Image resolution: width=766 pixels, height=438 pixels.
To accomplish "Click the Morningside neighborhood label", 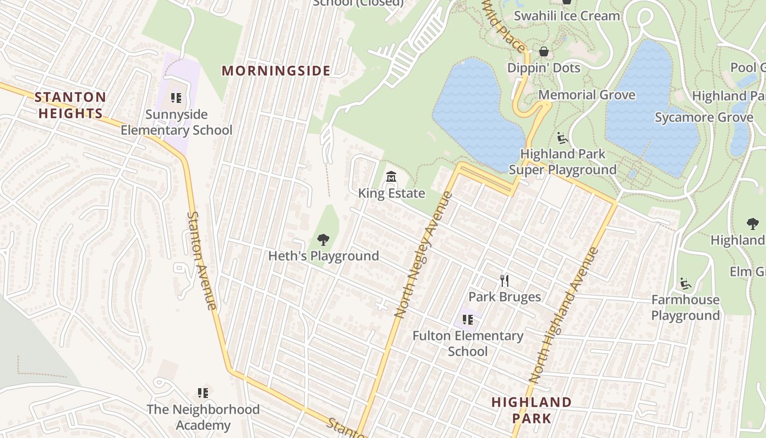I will click(276, 71).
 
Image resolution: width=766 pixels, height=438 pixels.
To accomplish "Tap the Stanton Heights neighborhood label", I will click(70, 105).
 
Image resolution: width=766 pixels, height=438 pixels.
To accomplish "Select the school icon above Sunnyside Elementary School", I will click(176, 98).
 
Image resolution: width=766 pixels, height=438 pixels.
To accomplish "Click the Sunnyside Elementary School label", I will click(176, 122).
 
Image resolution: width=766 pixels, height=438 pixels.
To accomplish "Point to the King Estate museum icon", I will click(391, 177).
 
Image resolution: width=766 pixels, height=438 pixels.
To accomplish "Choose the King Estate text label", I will click(391, 193).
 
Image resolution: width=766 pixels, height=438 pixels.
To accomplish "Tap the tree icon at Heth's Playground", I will click(323, 239).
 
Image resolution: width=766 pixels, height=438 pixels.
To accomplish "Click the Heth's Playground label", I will click(323, 256).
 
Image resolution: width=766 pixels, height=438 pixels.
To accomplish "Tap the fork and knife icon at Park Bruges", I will click(504, 281).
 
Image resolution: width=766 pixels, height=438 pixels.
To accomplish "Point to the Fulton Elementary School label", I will click(468, 343).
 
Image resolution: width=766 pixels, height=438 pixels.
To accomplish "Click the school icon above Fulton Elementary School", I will click(467, 320).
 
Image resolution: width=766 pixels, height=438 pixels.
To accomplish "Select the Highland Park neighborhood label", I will click(531, 410).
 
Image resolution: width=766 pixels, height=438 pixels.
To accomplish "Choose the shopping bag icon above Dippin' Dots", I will click(544, 51).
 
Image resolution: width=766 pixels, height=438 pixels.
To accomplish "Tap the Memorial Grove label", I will click(587, 95).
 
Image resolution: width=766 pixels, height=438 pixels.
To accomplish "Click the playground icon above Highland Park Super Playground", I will click(562, 137).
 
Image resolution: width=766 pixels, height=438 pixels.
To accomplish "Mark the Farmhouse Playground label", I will click(685, 307).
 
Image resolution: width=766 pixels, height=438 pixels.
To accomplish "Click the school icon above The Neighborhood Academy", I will click(203, 393).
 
